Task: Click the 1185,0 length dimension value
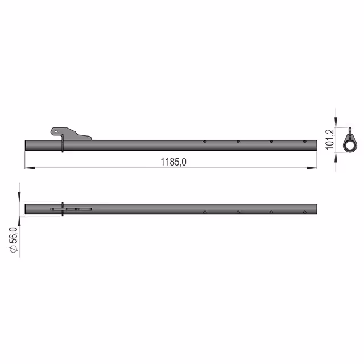point(173,162)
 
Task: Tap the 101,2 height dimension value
point(330,139)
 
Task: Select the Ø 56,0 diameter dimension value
point(13,239)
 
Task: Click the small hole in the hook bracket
point(56,131)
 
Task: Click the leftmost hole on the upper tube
point(205,142)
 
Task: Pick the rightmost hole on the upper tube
point(305,142)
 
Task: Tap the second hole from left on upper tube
point(238,142)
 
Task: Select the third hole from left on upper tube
point(271,142)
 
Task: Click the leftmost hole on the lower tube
point(205,212)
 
